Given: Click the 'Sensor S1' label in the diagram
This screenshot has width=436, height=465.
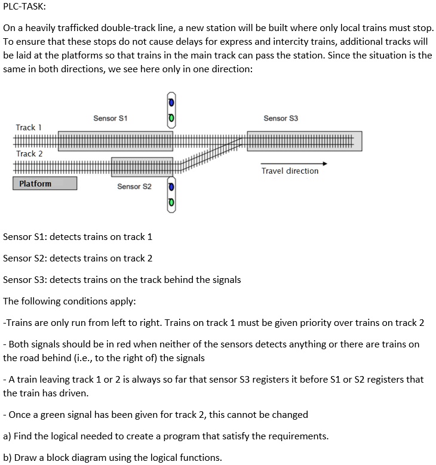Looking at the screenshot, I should click(x=110, y=118).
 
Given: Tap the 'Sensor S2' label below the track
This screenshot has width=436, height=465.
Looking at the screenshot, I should click(x=134, y=187).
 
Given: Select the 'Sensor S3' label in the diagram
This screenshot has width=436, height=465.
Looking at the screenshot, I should click(x=281, y=118).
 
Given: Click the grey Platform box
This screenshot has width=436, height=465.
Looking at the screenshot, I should click(x=45, y=184).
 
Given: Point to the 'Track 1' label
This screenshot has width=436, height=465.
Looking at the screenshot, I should click(x=29, y=127).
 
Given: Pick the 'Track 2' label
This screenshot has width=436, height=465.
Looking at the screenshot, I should click(x=29, y=153).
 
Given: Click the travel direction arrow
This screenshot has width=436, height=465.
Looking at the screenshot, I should click(x=294, y=163).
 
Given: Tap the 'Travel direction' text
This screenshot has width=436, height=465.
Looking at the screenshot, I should click(x=290, y=171).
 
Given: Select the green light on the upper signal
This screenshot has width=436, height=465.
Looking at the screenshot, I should click(x=171, y=118).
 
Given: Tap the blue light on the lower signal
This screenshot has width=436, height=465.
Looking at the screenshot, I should click(x=171, y=187).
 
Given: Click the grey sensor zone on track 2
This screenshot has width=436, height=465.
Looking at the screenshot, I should click(x=142, y=167).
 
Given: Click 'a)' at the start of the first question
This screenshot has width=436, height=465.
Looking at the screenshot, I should click(x=8, y=436).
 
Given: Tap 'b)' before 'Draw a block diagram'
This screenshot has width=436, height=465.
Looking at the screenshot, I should click(x=8, y=458).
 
